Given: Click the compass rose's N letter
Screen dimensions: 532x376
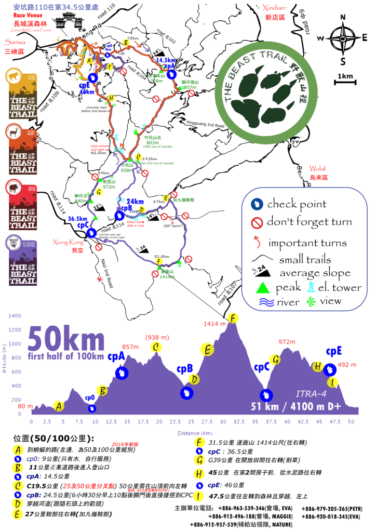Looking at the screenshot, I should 342,17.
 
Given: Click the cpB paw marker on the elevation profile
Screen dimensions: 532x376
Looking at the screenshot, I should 186,393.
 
